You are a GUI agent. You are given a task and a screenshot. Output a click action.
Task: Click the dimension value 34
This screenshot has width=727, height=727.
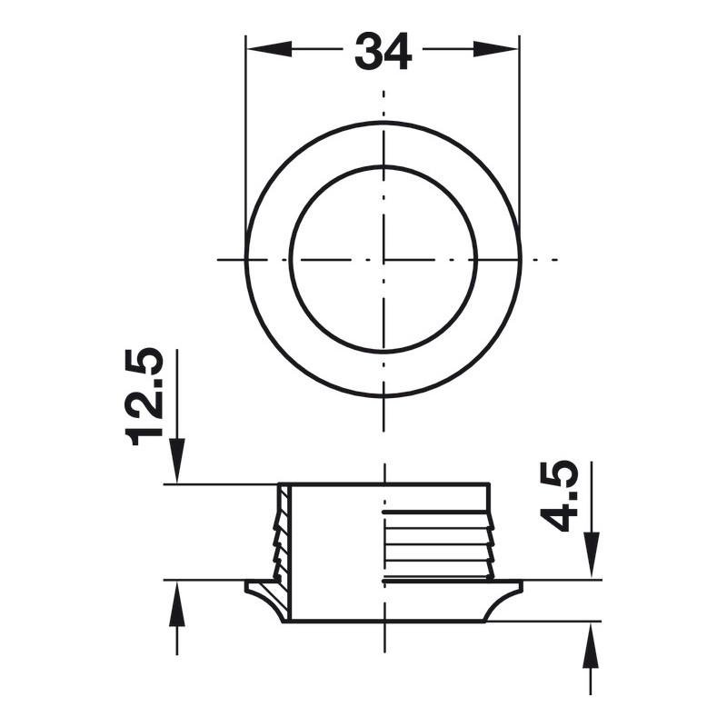pos(383,52)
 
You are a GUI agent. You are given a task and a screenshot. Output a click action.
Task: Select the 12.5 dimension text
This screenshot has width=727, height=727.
pos(145,396)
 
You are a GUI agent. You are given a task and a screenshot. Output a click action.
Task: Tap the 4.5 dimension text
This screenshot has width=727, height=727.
pos(560,495)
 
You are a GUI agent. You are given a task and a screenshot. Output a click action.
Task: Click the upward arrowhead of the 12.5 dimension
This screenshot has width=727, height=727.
pos(176,605)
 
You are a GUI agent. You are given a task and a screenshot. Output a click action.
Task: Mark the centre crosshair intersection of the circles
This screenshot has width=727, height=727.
pos(383,260)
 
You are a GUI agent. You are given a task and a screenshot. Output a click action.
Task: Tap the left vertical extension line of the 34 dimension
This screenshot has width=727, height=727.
pos(246,136)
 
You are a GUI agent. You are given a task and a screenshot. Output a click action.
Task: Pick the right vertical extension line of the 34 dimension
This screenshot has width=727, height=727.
pos(519,136)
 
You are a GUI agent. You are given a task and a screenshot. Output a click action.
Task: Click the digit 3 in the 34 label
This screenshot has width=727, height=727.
pos(368,52)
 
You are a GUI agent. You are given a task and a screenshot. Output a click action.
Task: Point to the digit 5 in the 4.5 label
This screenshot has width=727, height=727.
pos(560,476)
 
